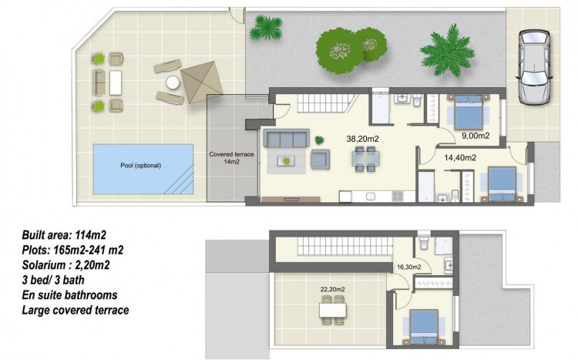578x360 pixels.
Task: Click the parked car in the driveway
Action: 535,67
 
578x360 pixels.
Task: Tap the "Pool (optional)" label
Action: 141,166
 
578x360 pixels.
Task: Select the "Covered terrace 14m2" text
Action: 231,158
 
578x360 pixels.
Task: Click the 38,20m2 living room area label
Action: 362,139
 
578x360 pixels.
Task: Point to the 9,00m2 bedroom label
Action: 476,136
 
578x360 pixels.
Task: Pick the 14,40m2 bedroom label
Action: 460,158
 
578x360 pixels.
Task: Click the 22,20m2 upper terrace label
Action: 332,290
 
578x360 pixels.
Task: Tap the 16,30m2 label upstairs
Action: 409,267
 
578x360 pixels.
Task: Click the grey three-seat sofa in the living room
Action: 287,138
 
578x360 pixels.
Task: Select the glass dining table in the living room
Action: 365,160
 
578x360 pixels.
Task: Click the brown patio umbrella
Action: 202,82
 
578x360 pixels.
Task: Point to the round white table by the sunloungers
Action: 173,82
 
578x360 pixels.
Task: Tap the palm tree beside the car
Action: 447,51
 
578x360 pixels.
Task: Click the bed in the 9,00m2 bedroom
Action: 469,112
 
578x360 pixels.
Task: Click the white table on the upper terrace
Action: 333,310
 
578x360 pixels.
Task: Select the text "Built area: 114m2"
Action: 64,235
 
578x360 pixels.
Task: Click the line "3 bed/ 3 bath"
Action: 53,280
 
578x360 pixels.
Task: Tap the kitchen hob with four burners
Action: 398,196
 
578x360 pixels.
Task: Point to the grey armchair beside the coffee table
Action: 320,160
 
